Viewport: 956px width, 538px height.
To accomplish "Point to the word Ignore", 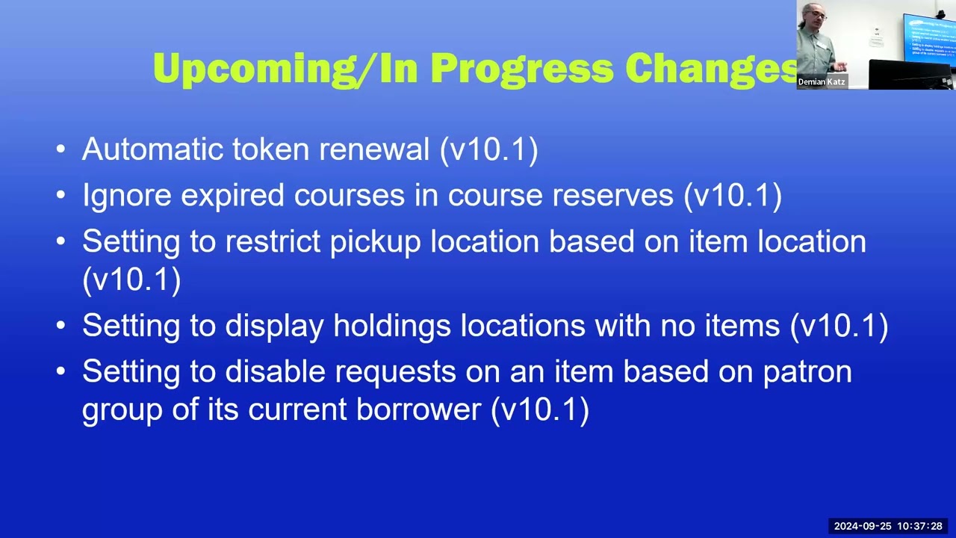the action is [x=127, y=195].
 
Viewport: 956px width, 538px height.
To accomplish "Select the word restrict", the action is [x=273, y=241].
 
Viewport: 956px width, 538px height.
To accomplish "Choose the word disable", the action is [x=276, y=371].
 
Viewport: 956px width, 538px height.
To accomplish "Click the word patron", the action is [x=807, y=372].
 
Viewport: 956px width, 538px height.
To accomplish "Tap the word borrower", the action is [x=419, y=409].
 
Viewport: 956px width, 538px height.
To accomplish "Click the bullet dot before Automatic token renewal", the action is [x=60, y=149].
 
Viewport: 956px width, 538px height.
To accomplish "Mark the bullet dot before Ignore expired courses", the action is [x=60, y=195].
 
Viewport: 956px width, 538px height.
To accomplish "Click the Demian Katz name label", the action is [x=822, y=81].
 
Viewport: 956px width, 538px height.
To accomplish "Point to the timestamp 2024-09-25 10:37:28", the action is [x=888, y=526].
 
